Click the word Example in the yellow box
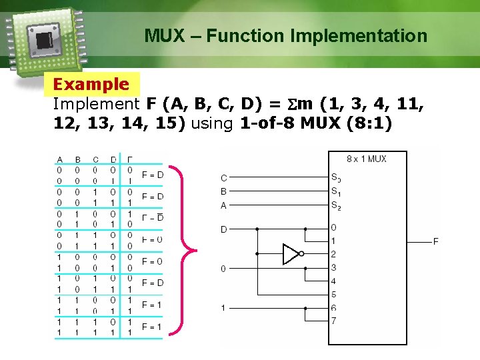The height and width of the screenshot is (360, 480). (x=91, y=85)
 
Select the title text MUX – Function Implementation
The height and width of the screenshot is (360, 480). (x=286, y=35)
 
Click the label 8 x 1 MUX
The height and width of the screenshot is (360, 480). (x=366, y=159)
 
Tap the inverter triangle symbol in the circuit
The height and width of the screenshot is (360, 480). (x=291, y=254)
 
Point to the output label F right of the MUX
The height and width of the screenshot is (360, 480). (x=436, y=241)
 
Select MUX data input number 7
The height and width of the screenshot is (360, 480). (x=333, y=321)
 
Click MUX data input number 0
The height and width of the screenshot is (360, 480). (x=333, y=228)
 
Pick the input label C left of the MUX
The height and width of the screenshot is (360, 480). (x=224, y=178)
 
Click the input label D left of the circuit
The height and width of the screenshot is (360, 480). (x=224, y=229)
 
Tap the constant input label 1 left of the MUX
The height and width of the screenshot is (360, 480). (x=224, y=308)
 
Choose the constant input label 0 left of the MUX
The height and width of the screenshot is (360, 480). (x=224, y=269)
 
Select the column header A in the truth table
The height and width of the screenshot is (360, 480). (x=60, y=159)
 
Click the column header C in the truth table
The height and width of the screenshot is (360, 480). (x=95, y=159)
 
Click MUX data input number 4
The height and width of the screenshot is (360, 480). (x=333, y=281)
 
